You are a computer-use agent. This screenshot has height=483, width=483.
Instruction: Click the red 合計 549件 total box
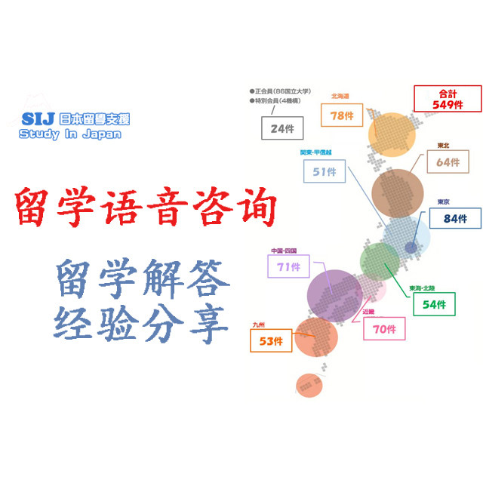[x=448, y=100]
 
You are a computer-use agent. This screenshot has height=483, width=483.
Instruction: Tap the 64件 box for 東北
[x=448, y=162]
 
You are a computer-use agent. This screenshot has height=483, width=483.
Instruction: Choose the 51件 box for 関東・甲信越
[x=325, y=172]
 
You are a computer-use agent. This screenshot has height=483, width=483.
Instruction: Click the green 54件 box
[x=436, y=305]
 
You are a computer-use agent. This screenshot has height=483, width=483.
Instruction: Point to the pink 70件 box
[x=384, y=328]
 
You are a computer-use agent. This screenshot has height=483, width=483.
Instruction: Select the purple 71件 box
[x=289, y=266]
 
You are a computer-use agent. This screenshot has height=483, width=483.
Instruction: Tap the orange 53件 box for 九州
[x=271, y=340]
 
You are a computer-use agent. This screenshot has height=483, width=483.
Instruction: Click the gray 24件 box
[x=281, y=128]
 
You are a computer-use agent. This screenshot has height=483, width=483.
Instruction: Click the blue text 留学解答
[x=141, y=280]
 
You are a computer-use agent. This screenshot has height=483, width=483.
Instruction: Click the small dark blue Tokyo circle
[x=411, y=247]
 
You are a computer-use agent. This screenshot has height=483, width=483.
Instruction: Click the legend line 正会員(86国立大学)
[x=289, y=88]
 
